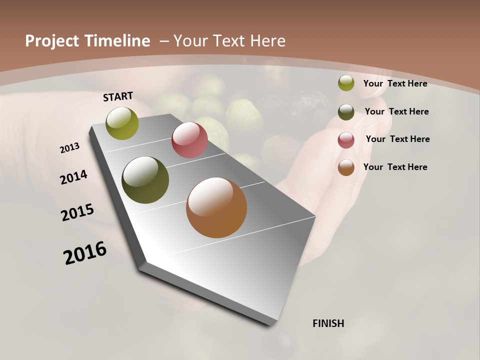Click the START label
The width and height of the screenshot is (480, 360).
click(118, 96)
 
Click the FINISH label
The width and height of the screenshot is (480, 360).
click(328, 323)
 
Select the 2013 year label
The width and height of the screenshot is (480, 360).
click(69, 148)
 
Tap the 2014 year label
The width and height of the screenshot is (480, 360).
click(73, 177)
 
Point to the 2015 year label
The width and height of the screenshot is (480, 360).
click(77, 212)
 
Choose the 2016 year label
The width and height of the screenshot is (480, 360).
click(85, 253)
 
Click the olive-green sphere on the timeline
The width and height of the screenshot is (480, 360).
click(122, 123)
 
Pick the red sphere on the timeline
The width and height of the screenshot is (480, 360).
click(189, 140)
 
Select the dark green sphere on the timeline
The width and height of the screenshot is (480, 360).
click(145, 180)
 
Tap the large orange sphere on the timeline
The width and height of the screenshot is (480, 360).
click(216, 207)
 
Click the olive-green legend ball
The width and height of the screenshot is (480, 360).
click(346, 83)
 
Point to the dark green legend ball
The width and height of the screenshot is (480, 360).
click(346, 112)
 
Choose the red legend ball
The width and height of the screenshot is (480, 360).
click(346, 140)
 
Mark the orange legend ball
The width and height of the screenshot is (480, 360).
click(346, 168)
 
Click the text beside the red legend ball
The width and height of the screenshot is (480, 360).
click(397, 139)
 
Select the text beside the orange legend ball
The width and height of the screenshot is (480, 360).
click(395, 167)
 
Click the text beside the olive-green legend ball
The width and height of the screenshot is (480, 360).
click(395, 83)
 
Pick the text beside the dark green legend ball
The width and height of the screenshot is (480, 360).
click(396, 111)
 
